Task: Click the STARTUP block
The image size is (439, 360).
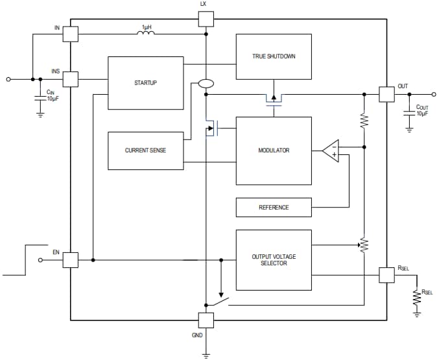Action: pos(145,83)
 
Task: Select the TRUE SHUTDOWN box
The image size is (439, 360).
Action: pos(273,56)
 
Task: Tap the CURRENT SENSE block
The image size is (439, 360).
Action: pos(145,150)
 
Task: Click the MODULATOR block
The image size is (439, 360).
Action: pos(273,150)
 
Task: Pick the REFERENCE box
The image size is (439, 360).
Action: pos(273,208)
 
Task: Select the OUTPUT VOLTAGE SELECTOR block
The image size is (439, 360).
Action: pos(273,260)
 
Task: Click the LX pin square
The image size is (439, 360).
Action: pos(205,18)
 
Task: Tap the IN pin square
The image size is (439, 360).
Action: pos(70,34)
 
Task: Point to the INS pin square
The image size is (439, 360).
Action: pos(70,79)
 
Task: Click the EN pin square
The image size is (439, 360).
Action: pos(70,260)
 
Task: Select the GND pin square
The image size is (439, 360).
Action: pos(205,320)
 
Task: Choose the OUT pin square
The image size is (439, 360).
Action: pos(386,94)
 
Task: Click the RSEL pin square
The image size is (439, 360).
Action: pos(386,275)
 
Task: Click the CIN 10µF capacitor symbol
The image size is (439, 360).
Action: pos(40,98)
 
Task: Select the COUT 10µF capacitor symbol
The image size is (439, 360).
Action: pos(409,112)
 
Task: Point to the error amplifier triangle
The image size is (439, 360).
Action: pos(330,150)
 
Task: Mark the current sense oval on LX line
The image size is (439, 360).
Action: pos(205,84)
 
